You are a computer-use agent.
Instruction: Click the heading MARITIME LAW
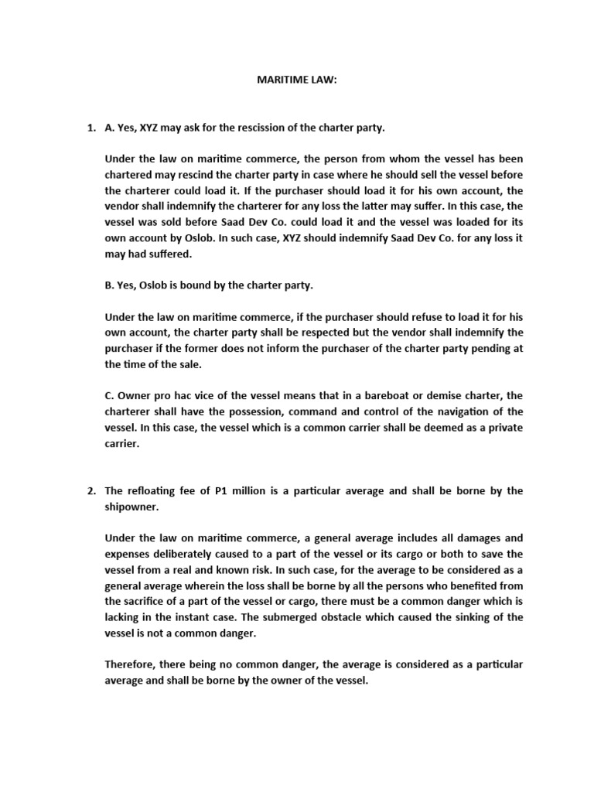297,80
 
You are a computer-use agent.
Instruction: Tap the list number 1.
90,126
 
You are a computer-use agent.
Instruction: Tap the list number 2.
90,490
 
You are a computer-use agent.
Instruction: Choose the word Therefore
131,664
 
